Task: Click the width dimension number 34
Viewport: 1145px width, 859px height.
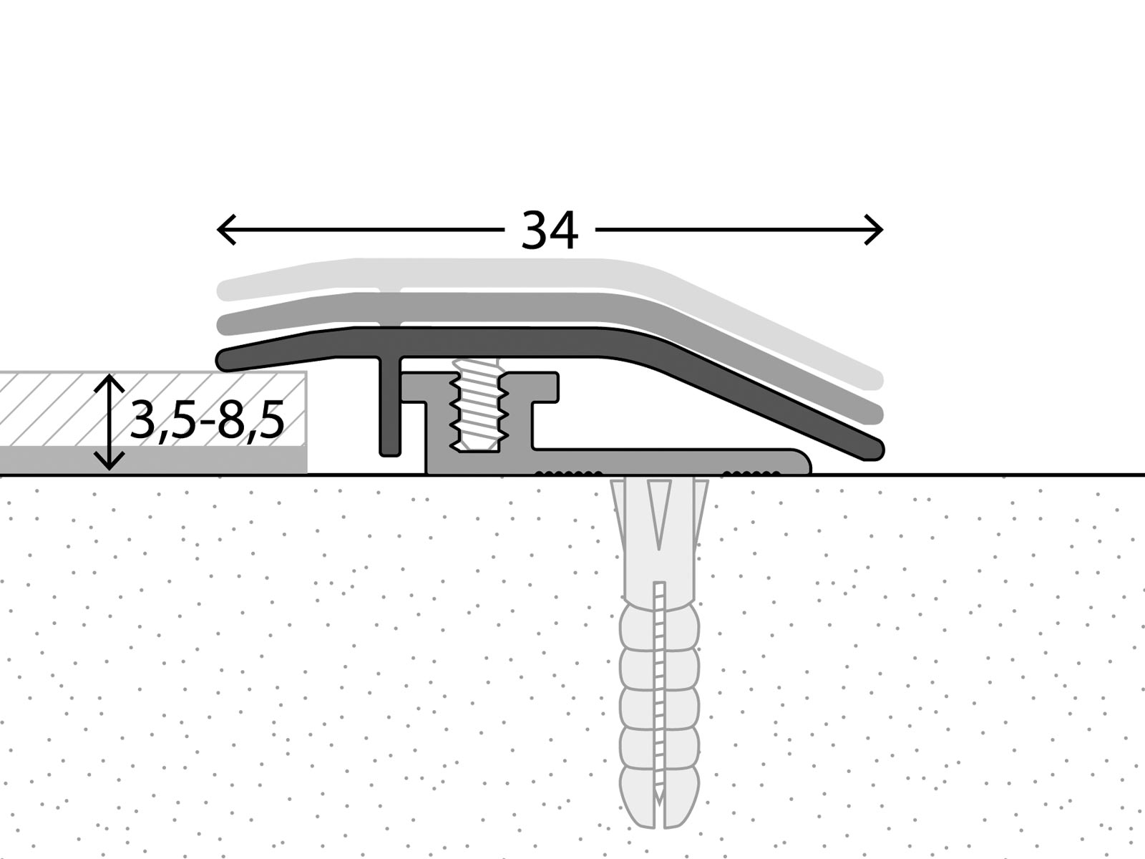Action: pyautogui.click(x=549, y=230)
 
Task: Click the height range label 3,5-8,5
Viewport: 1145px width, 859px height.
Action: pyautogui.click(x=208, y=420)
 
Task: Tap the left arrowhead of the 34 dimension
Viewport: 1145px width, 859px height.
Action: pyautogui.click(x=222, y=230)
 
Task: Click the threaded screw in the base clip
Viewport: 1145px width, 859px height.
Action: pyautogui.click(x=478, y=408)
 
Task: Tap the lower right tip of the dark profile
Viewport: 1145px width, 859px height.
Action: pyautogui.click(x=874, y=450)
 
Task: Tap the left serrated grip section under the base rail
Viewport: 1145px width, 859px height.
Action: pyautogui.click(x=569, y=472)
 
